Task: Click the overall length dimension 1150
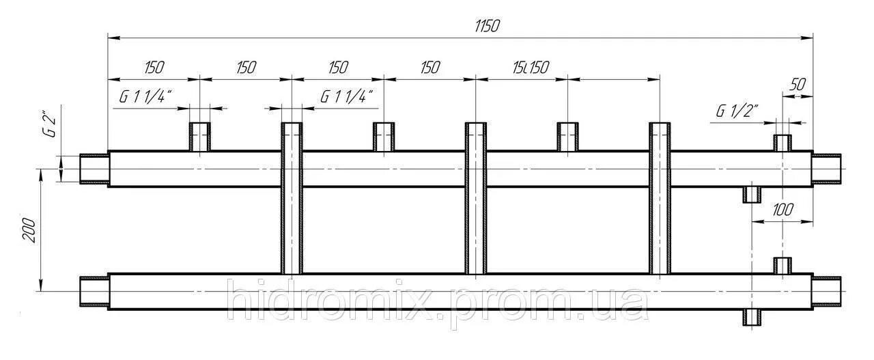(488, 26)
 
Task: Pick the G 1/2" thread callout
(737, 111)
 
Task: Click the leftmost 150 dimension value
(154, 67)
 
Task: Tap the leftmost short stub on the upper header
(199, 137)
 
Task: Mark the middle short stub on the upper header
(383, 137)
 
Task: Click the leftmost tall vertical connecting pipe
(292, 198)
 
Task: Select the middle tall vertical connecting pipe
(475, 198)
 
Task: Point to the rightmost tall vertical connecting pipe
(660, 198)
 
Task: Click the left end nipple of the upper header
(94, 169)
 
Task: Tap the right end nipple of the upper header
(828, 169)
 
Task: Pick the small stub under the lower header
(752, 318)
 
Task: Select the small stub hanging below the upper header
(752, 195)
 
